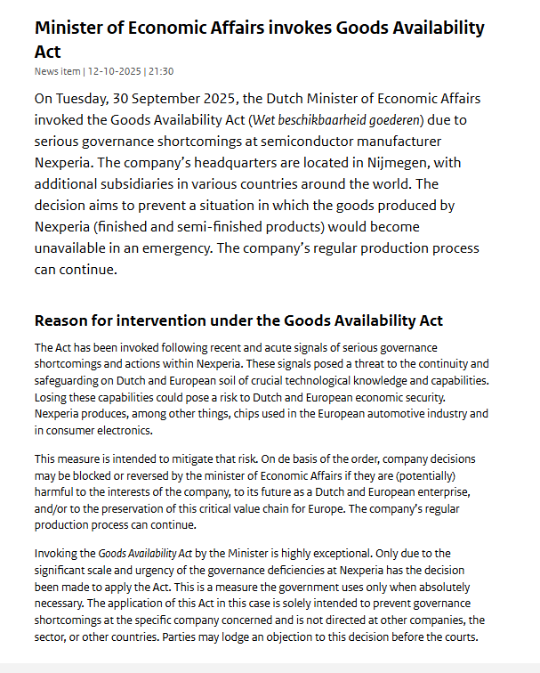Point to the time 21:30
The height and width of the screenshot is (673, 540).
162,71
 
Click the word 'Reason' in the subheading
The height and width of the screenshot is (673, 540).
63,320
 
